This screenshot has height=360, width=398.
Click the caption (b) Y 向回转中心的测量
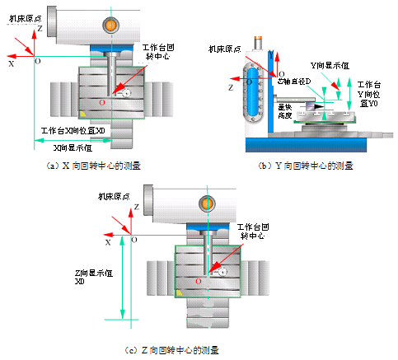306,165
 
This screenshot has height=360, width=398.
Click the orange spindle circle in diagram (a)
110,26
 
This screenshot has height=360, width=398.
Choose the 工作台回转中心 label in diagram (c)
251,231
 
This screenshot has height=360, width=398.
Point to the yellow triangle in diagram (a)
83,111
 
